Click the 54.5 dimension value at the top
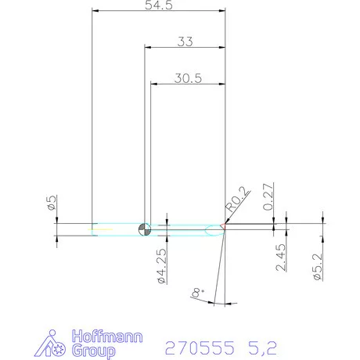159,6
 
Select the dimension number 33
185,42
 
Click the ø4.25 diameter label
161,265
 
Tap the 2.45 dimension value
281,256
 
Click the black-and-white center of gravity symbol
144,229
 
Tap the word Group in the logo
92,351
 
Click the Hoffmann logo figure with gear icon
55,344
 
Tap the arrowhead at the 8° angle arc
224,301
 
